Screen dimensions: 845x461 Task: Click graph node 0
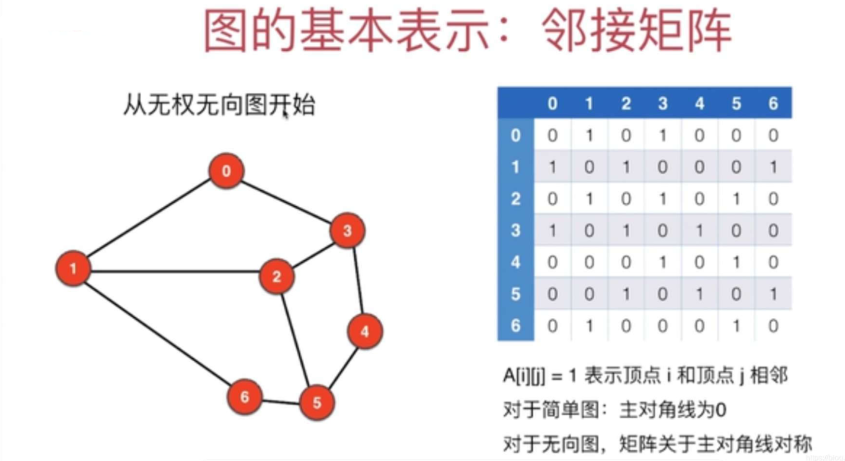[226, 171]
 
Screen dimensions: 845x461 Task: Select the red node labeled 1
[73, 268]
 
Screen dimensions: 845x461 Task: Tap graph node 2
[277, 276]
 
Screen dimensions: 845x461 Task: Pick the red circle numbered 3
[348, 230]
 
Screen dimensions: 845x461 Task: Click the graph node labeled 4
[365, 331]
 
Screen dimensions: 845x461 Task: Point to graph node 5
[317, 403]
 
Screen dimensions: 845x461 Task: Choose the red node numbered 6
[245, 397]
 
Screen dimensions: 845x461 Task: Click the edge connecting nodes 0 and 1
[149, 218]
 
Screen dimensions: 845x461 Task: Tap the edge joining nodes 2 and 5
[296, 340]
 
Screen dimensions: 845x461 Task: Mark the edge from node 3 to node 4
[358, 281]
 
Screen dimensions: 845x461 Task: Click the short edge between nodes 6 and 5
[281, 402]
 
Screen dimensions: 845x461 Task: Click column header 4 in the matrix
[699, 103]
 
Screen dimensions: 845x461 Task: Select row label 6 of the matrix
[515, 325]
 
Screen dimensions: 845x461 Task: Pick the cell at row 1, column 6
[773, 167]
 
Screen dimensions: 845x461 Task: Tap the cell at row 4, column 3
[663, 262]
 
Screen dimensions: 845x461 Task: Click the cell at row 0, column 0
[552, 135]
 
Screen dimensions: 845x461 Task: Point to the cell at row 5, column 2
[626, 294]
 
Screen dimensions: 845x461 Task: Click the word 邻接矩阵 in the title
[637, 30]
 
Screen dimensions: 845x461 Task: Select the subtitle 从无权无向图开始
[219, 105]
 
